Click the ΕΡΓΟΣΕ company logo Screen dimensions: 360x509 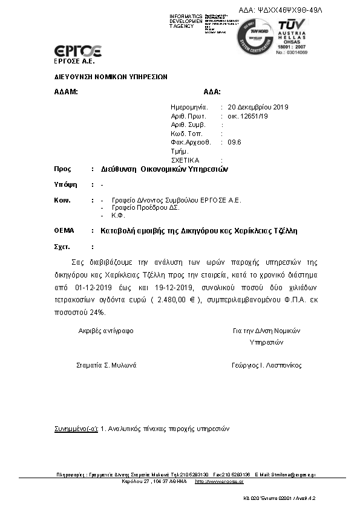pos(78,51)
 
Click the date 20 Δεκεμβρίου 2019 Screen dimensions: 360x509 pos(258,107)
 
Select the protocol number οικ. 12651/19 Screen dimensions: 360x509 pos(248,115)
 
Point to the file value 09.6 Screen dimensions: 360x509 pos(234,142)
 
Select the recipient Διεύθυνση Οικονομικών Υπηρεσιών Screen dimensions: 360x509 pos(164,169)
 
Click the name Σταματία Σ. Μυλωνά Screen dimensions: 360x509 pos(106,365)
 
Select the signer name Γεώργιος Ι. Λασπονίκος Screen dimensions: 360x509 pos(266,365)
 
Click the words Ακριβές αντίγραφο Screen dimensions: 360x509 pos(106,331)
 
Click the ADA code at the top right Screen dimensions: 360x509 pos(290,10)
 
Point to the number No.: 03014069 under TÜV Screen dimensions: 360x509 pos(293,53)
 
